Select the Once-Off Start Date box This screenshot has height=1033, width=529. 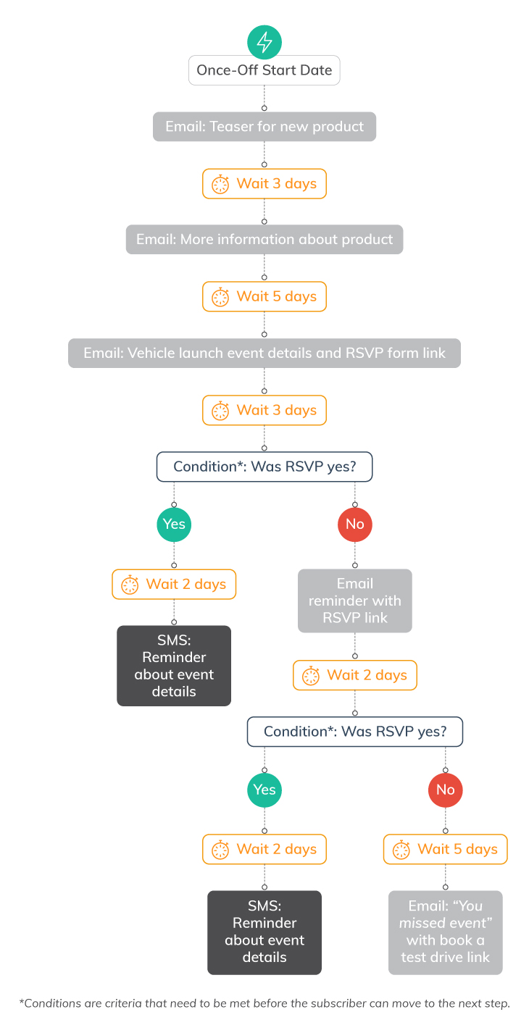coord(264,71)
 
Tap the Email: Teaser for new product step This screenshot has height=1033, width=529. coord(264,127)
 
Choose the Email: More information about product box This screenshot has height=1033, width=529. coord(264,240)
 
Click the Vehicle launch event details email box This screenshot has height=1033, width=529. coord(264,354)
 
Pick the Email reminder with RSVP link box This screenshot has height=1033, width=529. coord(355,601)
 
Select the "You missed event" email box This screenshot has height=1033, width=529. coord(445,932)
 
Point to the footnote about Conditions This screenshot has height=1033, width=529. coord(264,1003)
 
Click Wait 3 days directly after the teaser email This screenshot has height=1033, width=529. coord(264,184)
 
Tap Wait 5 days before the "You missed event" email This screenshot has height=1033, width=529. coord(445,849)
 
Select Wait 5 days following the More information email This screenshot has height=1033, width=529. coord(264,296)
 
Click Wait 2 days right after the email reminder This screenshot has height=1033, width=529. coord(355,675)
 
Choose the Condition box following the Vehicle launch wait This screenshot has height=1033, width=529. coord(264,467)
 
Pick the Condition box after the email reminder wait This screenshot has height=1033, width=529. coord(355,732)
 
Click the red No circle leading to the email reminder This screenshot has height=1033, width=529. coord(355,524)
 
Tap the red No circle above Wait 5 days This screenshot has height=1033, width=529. coord(445,789)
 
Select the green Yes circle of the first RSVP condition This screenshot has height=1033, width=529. coord(174,524)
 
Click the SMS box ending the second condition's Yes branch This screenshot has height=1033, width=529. coord(264,932)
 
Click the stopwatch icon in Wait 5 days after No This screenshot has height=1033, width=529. coord(401,849)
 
